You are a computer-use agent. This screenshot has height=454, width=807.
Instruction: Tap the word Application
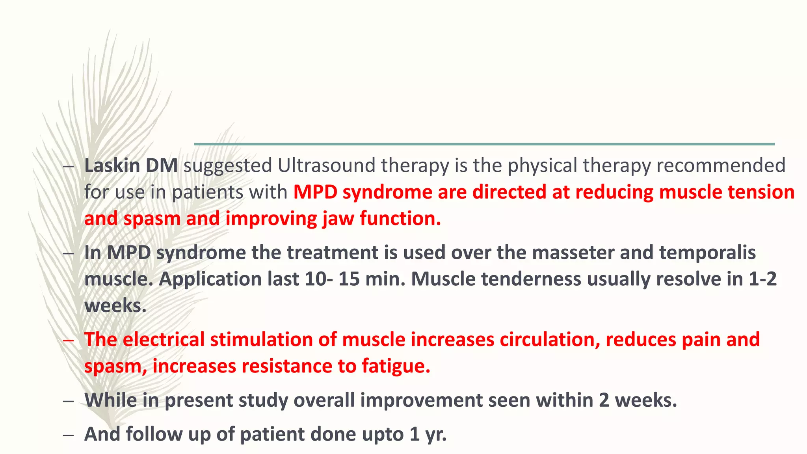[210, 279]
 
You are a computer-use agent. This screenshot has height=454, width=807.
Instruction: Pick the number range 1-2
[762, 279]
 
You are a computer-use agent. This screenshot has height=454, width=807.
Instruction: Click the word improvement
[421, 400]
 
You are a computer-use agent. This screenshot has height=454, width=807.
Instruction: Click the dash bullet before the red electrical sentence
[68, 340]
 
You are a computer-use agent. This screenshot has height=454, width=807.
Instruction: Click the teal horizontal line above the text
[484, 144]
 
